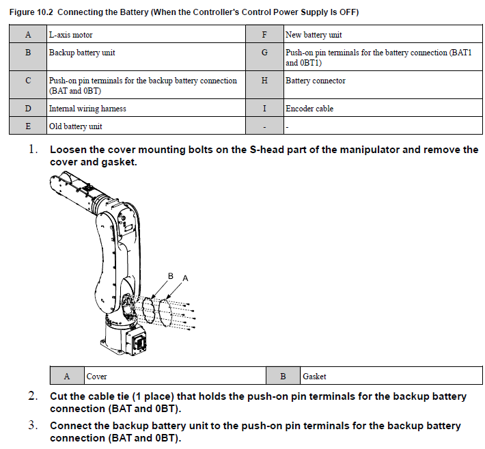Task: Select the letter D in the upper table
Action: (27, 108)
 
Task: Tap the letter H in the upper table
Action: (264, 81)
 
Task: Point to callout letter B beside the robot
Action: (171, 275)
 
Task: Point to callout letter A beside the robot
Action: (185, 279)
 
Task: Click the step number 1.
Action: (33, 150)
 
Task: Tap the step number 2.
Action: (33, 396)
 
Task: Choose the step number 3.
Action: (33, 426)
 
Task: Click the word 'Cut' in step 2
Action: (59, 396)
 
